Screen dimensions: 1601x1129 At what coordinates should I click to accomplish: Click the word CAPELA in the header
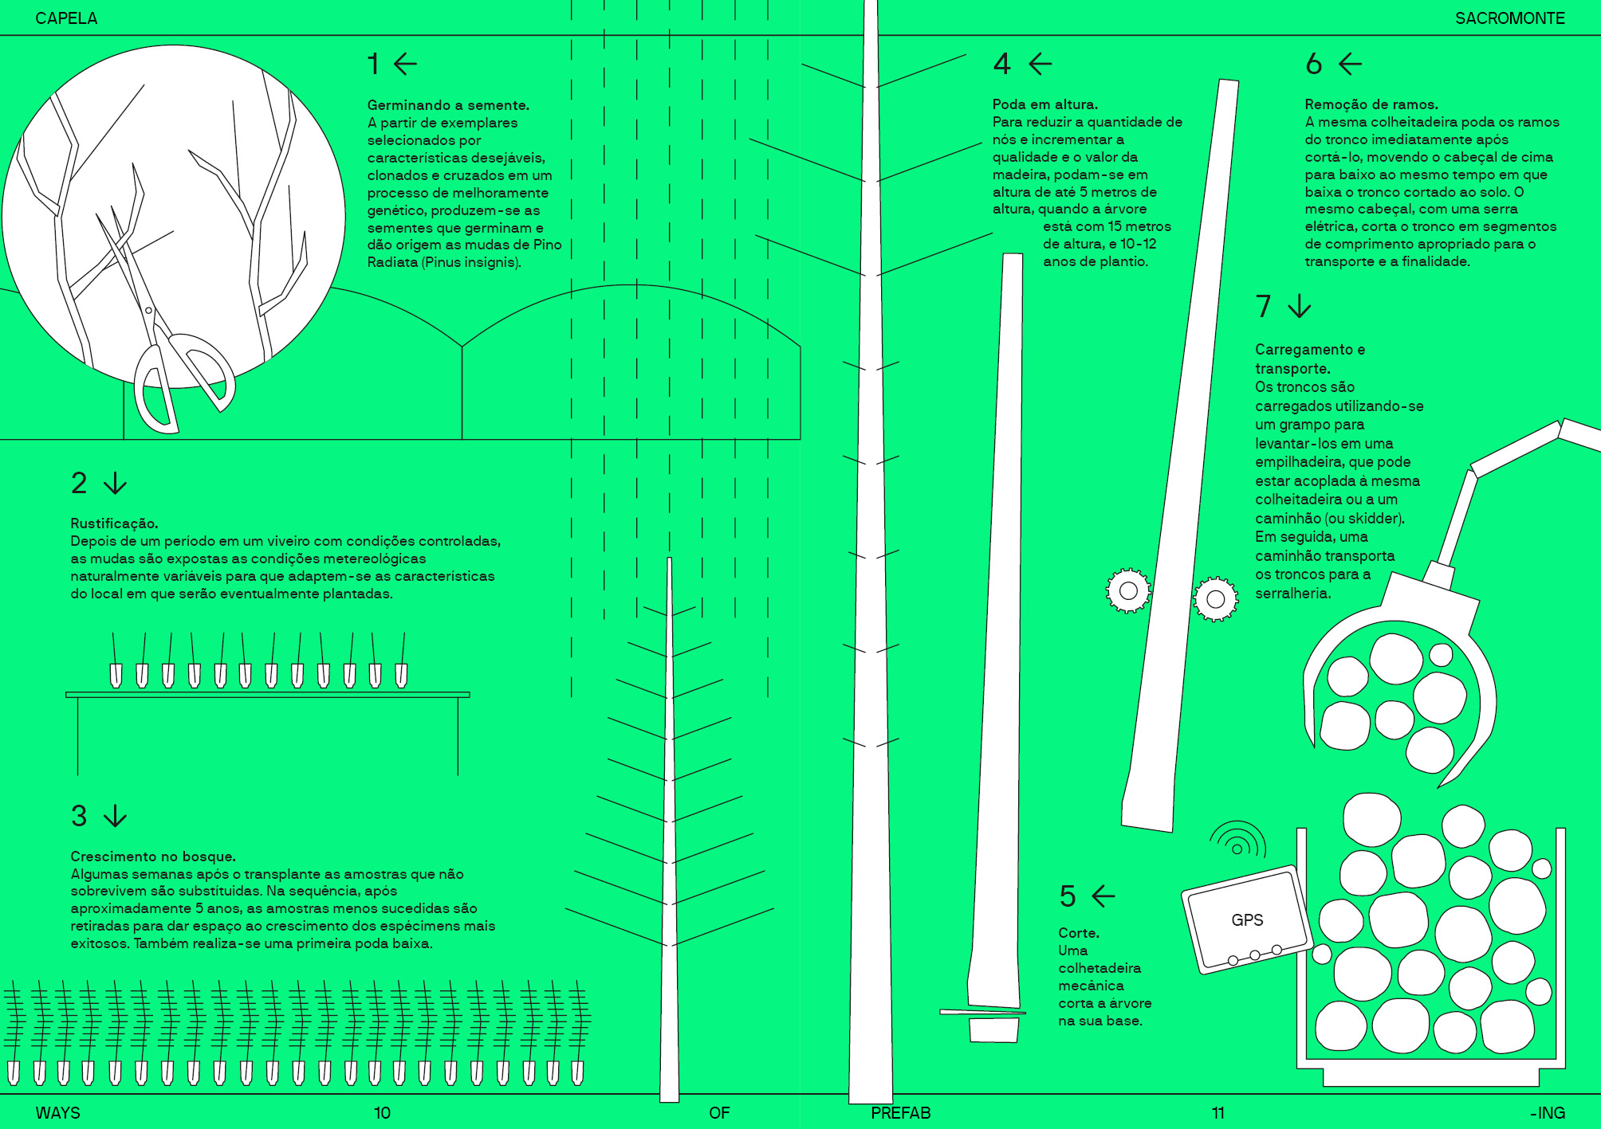[66, 18]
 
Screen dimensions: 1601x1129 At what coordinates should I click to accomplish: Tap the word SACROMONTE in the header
[1510, 18]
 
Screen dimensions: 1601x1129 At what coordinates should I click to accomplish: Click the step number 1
[373, 64]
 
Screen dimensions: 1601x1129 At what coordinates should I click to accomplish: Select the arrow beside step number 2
[116, 483]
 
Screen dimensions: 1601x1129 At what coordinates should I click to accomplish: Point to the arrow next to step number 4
[1040, 64]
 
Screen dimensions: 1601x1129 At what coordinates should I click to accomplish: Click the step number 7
[1264, 306]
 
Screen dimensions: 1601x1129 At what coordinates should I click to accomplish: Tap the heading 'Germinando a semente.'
[448, 105]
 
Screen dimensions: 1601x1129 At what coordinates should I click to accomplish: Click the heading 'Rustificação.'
[114, 523]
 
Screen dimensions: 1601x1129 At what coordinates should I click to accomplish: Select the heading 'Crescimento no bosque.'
[153, 857]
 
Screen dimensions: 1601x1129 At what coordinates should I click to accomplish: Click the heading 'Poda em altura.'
[1045, 104]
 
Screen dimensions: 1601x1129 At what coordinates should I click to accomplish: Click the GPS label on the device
[1247, 920]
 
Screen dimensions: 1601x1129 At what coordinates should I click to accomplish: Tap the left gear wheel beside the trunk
[1128, 590]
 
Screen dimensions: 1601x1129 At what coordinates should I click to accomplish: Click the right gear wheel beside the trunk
[1215, 599]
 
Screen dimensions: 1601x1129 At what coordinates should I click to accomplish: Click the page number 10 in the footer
[382, 1113]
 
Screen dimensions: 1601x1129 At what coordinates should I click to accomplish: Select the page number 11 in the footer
[1217, 1113]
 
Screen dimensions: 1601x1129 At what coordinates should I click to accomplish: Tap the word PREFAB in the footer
[900, 1113]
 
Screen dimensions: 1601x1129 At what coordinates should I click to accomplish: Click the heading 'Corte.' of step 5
[1079, 933]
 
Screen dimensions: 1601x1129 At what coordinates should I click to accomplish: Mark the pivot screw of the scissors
[148, 310]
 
